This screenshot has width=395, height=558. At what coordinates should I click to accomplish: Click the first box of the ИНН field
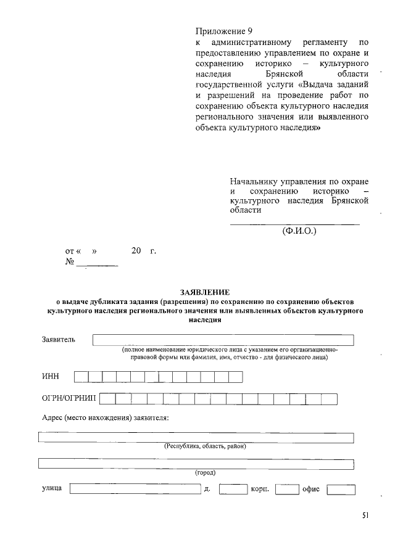(81, 377)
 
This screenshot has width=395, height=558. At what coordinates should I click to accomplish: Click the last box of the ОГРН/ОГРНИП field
(330, 400)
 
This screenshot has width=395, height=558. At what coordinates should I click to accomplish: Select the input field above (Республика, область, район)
(196, 438)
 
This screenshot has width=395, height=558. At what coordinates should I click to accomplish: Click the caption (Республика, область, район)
(205, 446)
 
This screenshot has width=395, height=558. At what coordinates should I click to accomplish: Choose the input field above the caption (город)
(196, 464)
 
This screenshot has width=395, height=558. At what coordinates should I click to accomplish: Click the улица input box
(135, 490)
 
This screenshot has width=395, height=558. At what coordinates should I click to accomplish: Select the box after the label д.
(233, 490)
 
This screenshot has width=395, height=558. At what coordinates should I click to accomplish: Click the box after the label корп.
(287, 490)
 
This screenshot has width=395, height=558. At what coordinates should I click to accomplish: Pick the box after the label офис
(341, 490)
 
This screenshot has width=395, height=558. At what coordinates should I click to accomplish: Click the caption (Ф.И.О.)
(299, 232)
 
